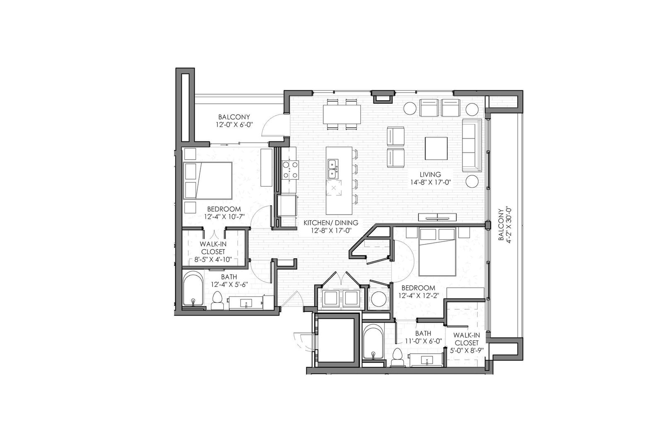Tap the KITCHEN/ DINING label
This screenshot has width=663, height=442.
click(331, 223)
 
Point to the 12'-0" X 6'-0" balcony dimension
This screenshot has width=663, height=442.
click(234, 125)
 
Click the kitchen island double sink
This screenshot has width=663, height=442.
click(333, 169)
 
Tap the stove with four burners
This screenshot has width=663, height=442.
click(290, 170)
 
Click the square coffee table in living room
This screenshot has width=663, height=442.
click(436, 148)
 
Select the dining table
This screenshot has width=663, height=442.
click(342, 114)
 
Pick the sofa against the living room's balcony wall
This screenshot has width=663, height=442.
click(472, 146)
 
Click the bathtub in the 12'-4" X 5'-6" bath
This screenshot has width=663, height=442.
click(193, 289)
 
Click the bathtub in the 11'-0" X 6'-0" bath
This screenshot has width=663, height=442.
click(373, 342)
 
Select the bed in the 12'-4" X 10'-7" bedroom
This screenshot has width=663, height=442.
click(208, 180)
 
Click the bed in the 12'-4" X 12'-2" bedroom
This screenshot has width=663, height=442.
click(437, 252)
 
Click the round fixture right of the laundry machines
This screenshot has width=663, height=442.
click(378, 299)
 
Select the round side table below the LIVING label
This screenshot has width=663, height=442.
click(472, 181)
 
